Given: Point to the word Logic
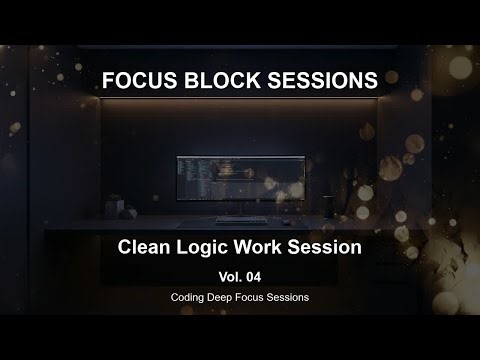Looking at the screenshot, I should coord(207,245).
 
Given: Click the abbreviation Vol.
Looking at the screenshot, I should coord(229,273).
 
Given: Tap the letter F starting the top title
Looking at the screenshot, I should coord(108,80).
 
